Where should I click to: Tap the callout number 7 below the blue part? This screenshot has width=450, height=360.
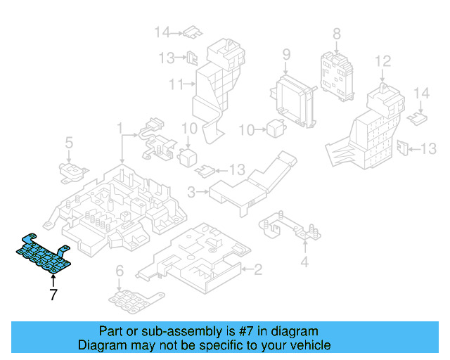(x=53, y=295)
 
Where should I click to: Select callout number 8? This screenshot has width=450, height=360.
(x=336, y=33)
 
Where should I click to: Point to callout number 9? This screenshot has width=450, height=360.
(x=287, y=55)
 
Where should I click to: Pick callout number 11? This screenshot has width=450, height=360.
(x=176, y=85)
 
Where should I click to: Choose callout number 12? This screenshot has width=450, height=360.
(x=382, y=61)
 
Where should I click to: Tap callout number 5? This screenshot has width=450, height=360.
(x=69, y=143)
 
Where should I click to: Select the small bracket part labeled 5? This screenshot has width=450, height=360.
(x=70, y=171)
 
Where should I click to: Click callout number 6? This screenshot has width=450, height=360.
(x=120, y=271)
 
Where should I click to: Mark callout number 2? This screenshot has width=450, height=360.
(x=258, y=269)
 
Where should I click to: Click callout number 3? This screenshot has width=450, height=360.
(x=192, y=191)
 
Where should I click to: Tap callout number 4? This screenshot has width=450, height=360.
(x=304, y=263)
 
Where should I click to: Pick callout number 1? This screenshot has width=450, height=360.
(x=120, y=129)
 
